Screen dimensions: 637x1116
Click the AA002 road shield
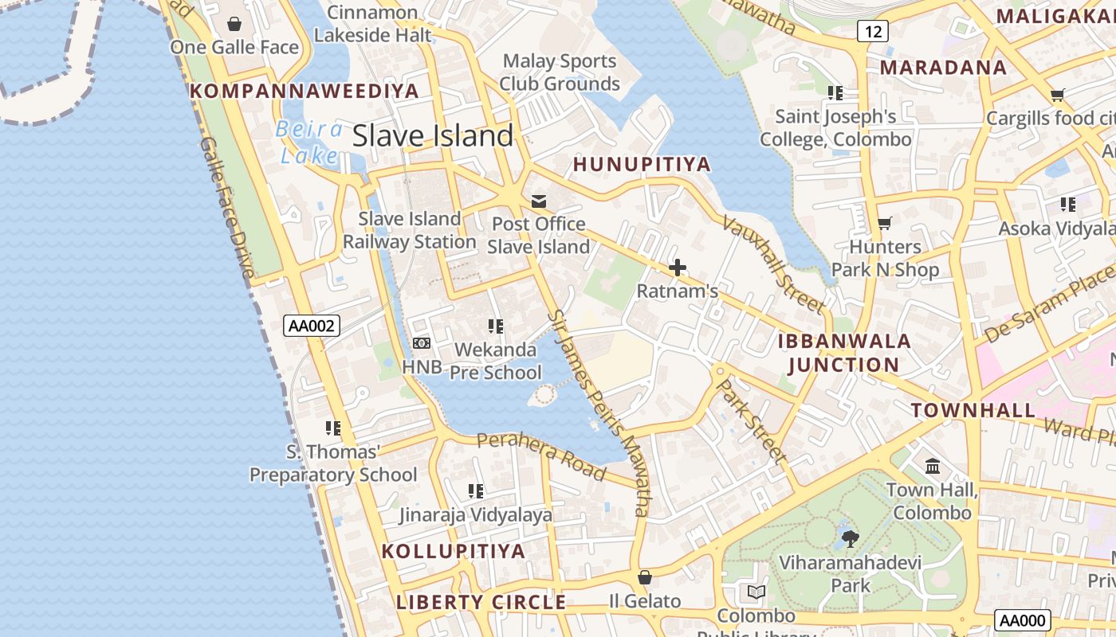[x=312, y=325]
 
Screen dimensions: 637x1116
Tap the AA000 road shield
[x=1023, y=620]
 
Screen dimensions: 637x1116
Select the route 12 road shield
[x=873, y=31]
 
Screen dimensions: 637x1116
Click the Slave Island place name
[x=433, y=135]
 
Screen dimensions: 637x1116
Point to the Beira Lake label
[x=309, y=143]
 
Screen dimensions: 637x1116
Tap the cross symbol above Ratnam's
[x=677, y=268]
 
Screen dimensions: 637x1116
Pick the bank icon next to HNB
[x=422, y=342]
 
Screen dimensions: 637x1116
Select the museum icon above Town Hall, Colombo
[x=932, y=466]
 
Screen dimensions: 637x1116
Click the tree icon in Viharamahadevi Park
[x=851, y=538]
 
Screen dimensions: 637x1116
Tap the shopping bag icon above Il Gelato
[x=645, y=576]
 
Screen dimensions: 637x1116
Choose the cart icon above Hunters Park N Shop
[x=884, y=223]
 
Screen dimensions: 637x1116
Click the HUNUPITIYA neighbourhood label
[x=642, y=164]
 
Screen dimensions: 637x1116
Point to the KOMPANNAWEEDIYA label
[x=305, y=91]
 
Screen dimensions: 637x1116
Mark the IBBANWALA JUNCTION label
[x=844, y=353]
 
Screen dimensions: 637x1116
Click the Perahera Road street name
[x=541, y=455]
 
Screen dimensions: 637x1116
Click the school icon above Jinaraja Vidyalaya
[x=476, y=490]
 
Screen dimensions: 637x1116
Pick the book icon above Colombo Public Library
[x=756, y=592]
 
